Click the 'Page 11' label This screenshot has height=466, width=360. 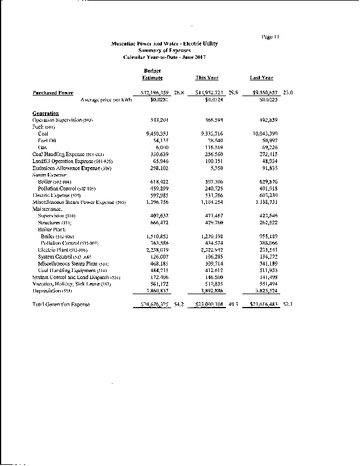[x=270, y=37]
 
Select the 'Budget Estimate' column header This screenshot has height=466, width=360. [x=152, y=74]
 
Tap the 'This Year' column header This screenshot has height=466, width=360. [x=207, y=77]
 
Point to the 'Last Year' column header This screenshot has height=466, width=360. [x=262, y=77]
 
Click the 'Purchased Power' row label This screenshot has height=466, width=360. [x=52, y=93]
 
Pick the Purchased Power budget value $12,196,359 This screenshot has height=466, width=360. [x=151, y=93]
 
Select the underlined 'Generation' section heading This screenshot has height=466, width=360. [x=45, y=113]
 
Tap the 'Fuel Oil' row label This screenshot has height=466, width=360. [x=47, y=140]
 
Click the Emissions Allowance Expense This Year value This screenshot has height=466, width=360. [x=210, y=167]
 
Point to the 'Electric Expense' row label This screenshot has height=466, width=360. [x=57, y=195]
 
